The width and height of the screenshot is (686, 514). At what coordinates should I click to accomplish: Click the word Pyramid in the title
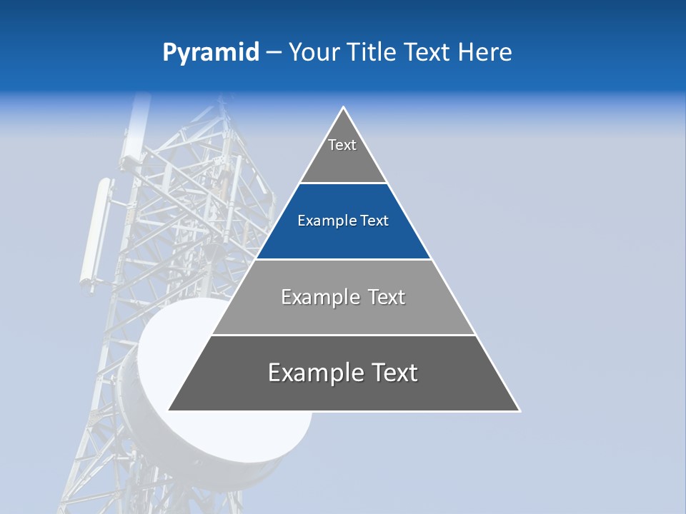click(x=210, y=53)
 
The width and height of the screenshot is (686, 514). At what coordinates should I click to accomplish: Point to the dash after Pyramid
click(x=273, y=54)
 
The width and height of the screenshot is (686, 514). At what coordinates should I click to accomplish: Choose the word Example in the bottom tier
click(x=313, y=373)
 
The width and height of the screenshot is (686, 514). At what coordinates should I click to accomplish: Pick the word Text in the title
click(x=428, y=53)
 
